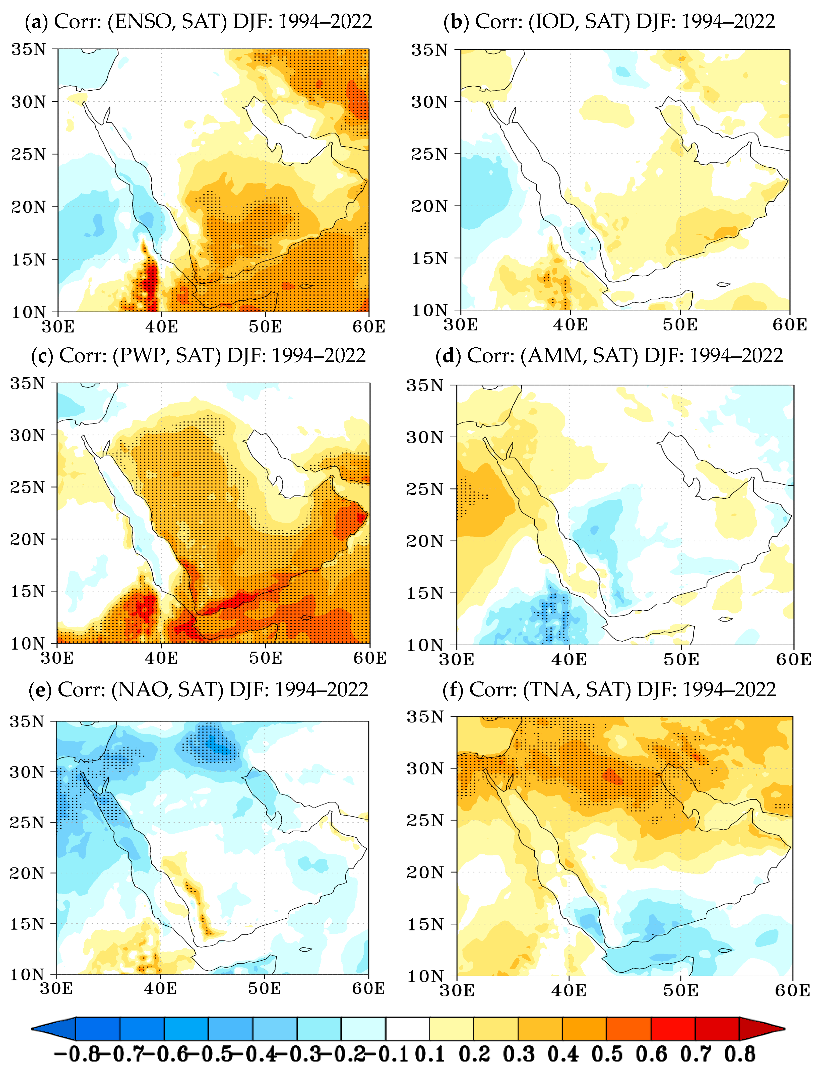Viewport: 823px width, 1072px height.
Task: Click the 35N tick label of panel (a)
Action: (x=28, y=49)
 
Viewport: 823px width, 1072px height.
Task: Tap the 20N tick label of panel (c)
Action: (x=27, y=539)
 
